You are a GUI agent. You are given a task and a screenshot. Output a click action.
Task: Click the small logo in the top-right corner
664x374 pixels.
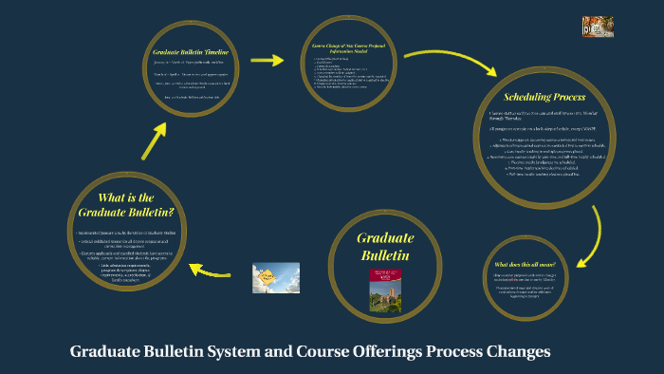595,28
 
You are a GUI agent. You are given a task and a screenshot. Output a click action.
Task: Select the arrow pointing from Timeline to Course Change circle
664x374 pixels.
271,61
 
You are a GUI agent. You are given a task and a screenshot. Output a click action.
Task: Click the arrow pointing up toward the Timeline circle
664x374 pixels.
154,140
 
